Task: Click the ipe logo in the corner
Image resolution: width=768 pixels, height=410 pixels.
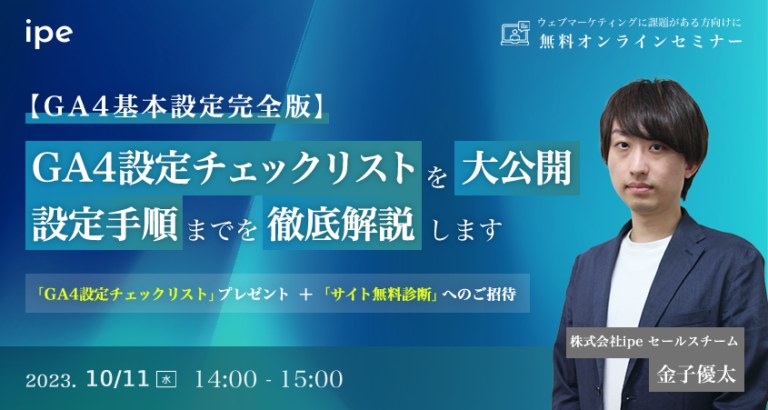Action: point(48,32)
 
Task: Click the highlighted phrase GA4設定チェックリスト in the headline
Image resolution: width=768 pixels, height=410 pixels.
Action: point(222,165)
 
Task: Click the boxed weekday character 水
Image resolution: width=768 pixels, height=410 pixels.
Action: point(166,379)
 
